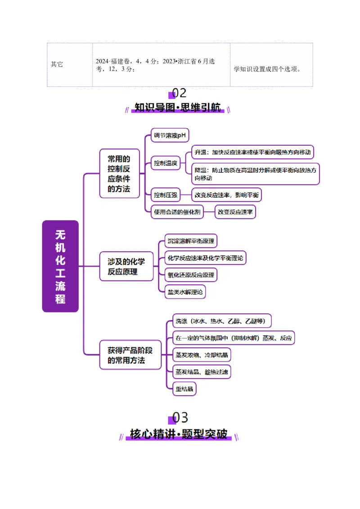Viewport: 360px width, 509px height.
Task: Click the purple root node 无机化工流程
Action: (x=60, y=266)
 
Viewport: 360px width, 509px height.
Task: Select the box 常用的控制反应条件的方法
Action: (x=119, y=174)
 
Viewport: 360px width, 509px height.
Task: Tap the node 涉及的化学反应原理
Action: (x=126, y=266)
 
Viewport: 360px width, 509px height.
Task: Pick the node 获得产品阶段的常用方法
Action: (x=130, y=355)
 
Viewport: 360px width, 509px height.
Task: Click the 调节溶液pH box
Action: (x=170, y=135)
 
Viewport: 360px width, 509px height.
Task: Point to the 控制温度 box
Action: (x=165, y=163)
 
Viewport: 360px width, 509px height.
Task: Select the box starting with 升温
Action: (x=252, y=152)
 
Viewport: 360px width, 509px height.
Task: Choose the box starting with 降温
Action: (x=255, y=174)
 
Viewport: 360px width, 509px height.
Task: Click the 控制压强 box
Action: (x=165, y=195)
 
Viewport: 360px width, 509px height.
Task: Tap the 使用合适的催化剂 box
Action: (x=177, y=212)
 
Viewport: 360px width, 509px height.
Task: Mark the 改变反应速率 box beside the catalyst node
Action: (x=235, y=212)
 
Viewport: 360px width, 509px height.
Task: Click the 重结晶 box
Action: (x=184, y=389)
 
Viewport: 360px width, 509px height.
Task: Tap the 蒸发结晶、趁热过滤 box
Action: (x=202, y=372)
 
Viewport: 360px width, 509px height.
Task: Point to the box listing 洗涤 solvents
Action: (x=222, y=321)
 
